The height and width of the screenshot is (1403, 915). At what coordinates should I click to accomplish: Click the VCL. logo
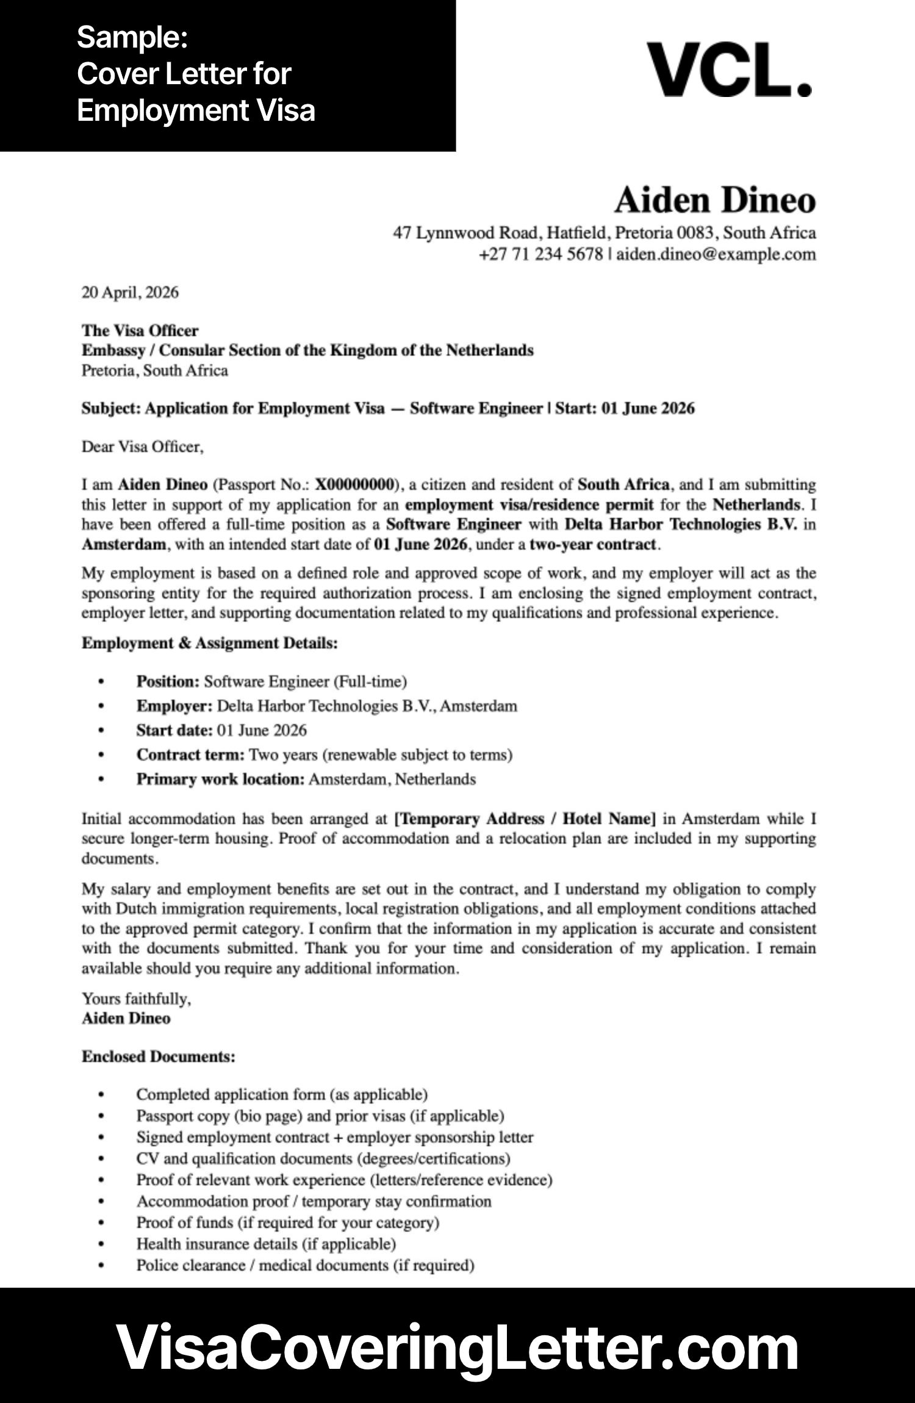pos(729,70)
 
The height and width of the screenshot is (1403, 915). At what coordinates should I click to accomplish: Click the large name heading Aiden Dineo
pos(714,200)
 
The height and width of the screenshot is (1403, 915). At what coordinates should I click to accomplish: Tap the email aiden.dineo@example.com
pos(716,254)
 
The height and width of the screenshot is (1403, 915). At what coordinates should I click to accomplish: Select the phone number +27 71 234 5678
pos(540,254)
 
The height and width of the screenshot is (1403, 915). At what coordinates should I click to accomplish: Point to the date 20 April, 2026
pos(130,293)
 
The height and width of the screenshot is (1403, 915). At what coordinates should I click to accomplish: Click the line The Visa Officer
pos(140,331)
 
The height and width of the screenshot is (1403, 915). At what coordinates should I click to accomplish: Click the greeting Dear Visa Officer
pos(142,447)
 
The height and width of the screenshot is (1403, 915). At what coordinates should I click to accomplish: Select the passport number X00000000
pos(354,485)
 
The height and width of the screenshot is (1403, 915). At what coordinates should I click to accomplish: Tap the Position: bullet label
pos(168,681)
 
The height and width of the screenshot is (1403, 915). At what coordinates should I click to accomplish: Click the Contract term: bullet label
pos(190,755)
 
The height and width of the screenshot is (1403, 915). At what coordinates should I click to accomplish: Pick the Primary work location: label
pos(220,779)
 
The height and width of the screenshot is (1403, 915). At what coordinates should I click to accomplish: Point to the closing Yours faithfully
pos(136,999)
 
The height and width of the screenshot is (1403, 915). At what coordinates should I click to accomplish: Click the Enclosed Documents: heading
pos(158,1057)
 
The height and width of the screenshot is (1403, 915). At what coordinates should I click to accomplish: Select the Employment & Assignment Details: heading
pos(209,643)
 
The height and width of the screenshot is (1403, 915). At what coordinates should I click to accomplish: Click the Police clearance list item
pos(305,1265)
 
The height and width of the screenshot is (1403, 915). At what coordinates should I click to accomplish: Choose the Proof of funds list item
pos(287,1222)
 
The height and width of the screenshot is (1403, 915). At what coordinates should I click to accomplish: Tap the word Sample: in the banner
pos(132,38)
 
